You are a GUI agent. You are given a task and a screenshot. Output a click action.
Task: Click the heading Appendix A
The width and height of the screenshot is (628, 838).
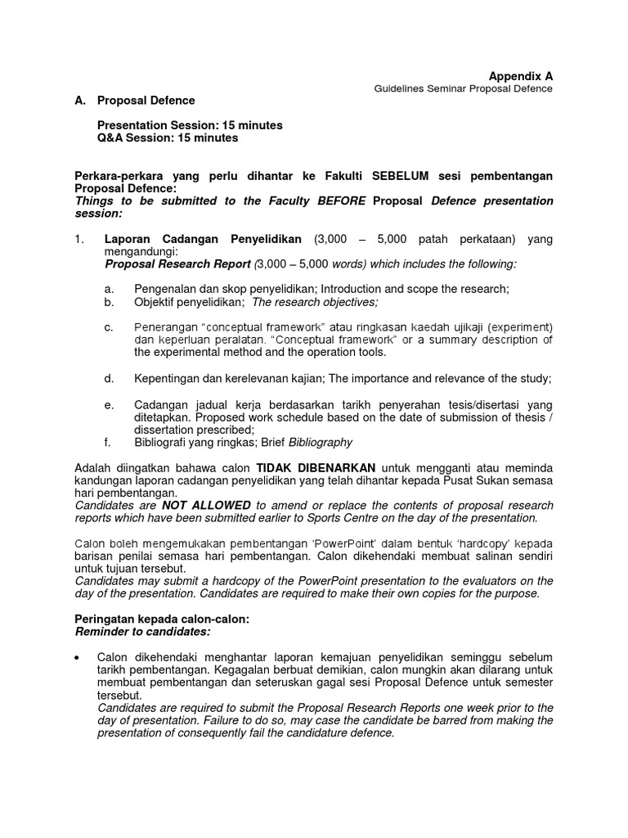(520, 75)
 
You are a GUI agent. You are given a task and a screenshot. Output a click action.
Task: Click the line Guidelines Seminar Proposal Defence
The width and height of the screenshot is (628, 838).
(463, 88)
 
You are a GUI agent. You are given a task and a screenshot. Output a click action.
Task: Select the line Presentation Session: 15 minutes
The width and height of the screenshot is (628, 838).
(190, 125)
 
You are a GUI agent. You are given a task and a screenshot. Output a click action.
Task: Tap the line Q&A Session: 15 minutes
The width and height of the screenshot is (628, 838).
(168, 138)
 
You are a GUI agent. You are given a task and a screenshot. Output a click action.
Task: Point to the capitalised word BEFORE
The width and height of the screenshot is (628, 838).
(341, 200)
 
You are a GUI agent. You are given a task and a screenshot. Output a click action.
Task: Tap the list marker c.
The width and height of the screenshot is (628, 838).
(109, 327)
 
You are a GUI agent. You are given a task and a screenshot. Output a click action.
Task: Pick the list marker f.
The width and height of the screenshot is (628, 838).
(108, 442)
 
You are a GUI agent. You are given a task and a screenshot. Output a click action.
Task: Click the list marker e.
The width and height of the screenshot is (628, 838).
(109, 404)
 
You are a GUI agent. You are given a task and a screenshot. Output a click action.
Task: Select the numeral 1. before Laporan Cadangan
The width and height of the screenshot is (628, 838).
(79, 239)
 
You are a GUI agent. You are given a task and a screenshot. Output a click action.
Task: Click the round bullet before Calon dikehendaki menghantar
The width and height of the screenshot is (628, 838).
(76, 658)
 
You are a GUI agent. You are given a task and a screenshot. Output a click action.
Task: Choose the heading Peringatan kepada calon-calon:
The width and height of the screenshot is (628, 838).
(161, 619)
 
